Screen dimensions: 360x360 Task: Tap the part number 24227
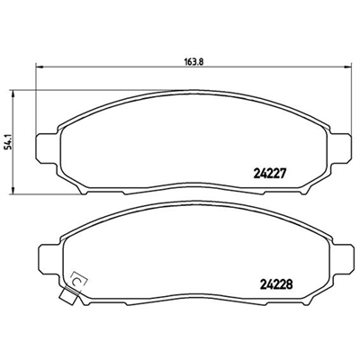[x=269, y=173]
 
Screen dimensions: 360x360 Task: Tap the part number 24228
[x=276, y=283]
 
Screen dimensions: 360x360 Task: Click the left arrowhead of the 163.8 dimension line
[x=40, y=67]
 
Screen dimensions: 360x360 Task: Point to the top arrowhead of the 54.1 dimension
[x=13, y=94]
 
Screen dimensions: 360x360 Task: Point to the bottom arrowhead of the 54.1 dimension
[x=13, y=190]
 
